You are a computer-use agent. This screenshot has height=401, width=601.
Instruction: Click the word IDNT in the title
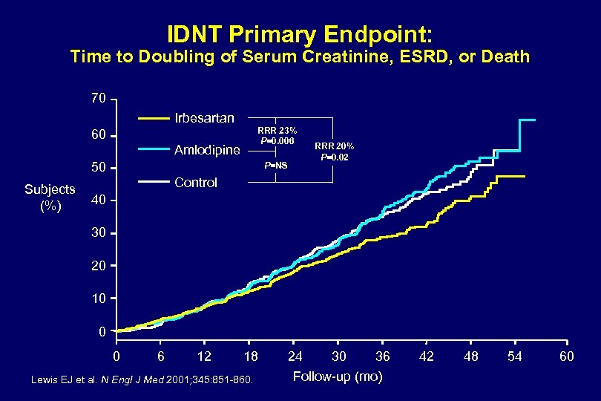[194, 34]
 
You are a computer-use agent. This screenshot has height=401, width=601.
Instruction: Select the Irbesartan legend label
[204, 118]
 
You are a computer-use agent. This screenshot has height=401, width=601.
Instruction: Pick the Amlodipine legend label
[207, 150]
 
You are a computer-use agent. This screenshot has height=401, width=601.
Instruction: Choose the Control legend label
[195, 183]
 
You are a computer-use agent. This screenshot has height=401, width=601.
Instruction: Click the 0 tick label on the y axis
[104, 332]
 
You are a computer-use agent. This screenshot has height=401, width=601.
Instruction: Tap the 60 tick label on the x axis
[567, 357]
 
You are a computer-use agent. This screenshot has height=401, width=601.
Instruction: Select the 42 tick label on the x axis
[427, 357]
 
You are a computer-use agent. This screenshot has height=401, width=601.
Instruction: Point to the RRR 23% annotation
[277, 131]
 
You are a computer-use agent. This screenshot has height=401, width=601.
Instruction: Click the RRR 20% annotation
[335, 146]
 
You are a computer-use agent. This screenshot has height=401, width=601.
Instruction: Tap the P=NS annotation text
[276, 165]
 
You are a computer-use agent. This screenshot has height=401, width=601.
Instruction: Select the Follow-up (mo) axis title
[338, 376]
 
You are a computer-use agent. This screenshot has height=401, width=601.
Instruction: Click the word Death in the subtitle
[506, 57]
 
